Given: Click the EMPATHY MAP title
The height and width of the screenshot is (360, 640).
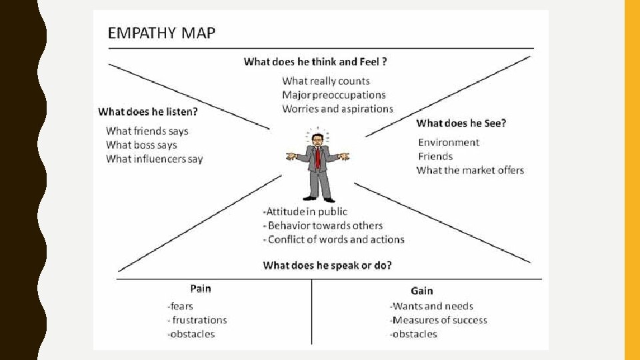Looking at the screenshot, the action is [162, 33].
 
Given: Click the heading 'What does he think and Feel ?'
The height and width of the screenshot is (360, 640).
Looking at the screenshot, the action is [316, 62].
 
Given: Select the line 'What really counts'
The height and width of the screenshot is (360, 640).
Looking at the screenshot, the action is [326, 81].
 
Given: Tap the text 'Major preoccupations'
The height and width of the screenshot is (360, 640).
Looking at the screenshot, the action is [334, 95].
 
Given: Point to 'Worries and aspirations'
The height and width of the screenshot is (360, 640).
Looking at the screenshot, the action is [337, 109].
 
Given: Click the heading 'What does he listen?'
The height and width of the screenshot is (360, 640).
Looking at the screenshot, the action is [148, 111].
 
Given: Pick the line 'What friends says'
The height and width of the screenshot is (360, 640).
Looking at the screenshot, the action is [147, 131].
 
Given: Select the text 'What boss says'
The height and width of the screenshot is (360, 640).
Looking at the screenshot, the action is [141, 145].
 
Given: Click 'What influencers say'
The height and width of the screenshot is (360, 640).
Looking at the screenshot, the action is [154, 159].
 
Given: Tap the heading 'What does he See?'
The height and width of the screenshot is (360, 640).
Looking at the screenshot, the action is [461, 123].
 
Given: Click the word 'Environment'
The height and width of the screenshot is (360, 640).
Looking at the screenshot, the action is [449, 142].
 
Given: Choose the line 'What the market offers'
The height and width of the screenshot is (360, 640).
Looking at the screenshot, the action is [470, 170].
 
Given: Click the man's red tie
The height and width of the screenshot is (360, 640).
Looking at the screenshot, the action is [318, 157].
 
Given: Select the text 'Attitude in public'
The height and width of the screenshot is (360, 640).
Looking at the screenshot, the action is [306, 211].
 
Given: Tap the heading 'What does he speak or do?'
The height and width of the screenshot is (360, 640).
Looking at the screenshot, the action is [327, 265].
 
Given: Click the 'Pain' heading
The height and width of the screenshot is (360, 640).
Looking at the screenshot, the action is [201, 288].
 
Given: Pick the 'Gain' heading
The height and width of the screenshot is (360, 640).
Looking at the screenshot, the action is [422, 291].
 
